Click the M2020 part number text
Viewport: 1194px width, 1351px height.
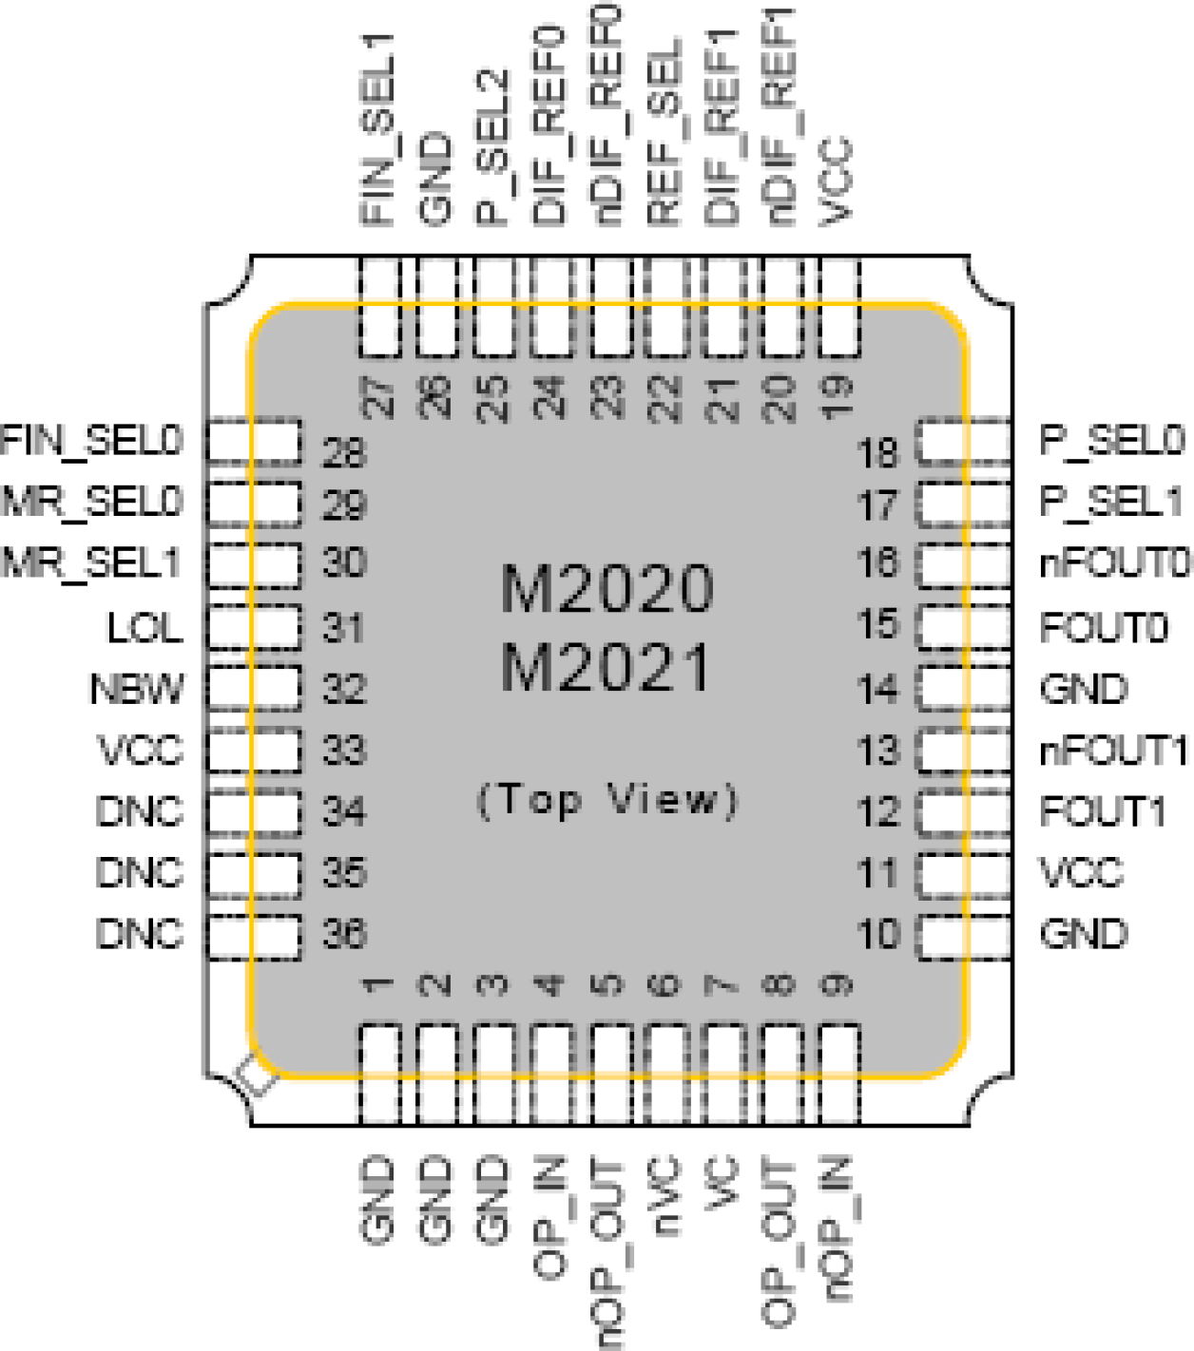[x=607, y=589]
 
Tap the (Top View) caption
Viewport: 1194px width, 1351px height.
[x=607, y=800]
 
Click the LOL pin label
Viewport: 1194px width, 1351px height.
[x=144, y=628]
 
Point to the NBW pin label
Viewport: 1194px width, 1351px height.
[x=137, y=689]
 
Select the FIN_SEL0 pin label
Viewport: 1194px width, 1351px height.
[x=91, y=441]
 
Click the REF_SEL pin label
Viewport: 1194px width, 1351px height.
[x=665, y=133]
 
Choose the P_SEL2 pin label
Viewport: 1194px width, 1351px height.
[x=493, y=147]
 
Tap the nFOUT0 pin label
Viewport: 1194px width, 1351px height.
[x=1114, y=563]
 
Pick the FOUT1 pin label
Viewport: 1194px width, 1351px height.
[x=1103, y=812]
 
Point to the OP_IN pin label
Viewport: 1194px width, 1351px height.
[x=550, y=1216]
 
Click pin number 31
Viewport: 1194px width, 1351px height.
[x=343, y=628]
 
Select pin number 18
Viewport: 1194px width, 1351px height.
[x=877, y=453]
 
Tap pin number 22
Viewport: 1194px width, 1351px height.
[x=665, y=398]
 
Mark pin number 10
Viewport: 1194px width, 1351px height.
[x=877, y=935]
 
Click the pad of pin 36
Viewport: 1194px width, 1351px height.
[x=254, y=937]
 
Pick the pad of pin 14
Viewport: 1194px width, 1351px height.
[x=963, y=687]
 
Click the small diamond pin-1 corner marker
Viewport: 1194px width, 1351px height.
[x=258, y=1075]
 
